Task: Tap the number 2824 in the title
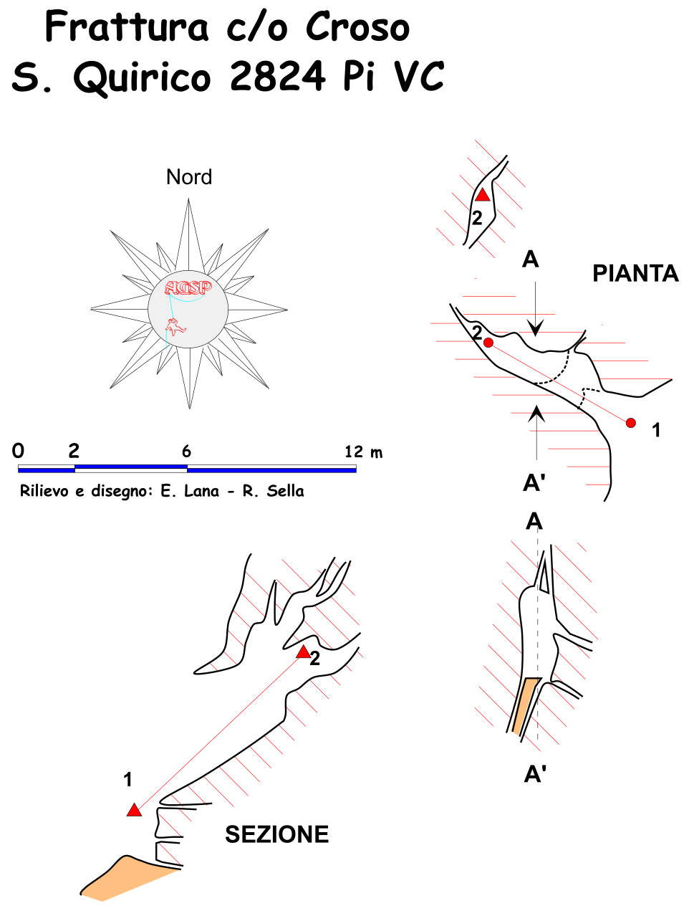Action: pyautogui.click(x=278, y=76)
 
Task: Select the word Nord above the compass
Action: pyautogui.click(x=189, y=177)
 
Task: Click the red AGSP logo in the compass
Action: pyautogui.click(x=188, y=288)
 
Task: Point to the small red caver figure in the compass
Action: pyautogui.click(x=174, y=327)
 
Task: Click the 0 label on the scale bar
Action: pyautogui.click(x=19, y=451)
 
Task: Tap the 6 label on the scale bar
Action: pyautogui.click(x=186, y=451)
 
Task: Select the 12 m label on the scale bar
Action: pyautogui.click(x=363, y=452)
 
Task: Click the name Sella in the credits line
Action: pyautogui.click(x=285, y=491)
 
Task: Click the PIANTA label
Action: pyautogui.click(x=635, y=273)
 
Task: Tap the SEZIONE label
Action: pyautogui.click(x=277, y=834)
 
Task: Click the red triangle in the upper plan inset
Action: pyautogui.click(x=483, y=195)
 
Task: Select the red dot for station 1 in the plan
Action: pyautogui.click(x=630, y=423)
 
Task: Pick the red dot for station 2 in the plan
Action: pyautogui.click(x=488, y=343)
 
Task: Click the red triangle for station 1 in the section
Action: pyautogui.click(x=134, y=811)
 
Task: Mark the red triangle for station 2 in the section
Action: pyautogui.click(x=304, y=652)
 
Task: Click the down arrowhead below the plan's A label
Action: pyautogui.click(x=535, y=328)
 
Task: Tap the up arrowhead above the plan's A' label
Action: pyautogui.click(x=536, y=412)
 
